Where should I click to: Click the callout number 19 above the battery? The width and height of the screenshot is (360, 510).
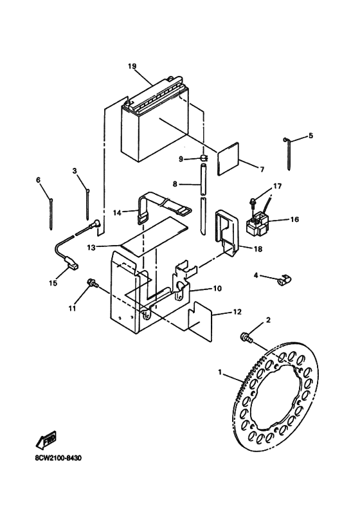tap(132, 66)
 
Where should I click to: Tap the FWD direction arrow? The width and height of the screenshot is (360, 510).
tap(46, 439)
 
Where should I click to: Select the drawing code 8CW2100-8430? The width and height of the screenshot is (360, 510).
tap(59, 459)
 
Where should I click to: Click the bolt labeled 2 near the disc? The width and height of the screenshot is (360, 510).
tap(247, 338)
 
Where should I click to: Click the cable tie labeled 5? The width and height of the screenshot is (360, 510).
tap(287, 153)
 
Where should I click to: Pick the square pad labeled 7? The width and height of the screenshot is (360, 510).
tap(229, 159)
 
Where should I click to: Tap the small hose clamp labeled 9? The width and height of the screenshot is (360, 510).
tap(204, 158)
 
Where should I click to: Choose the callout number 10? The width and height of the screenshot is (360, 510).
tap(217, 288)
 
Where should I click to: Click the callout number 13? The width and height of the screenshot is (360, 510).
tap(91, 248)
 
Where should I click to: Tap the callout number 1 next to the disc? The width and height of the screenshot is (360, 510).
tap(220, 372)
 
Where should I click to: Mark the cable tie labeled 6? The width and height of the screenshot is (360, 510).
tap(51, 214)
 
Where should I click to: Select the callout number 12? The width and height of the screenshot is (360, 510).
tap(237, 312)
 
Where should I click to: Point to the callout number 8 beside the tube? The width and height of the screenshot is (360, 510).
tap(175, 185)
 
